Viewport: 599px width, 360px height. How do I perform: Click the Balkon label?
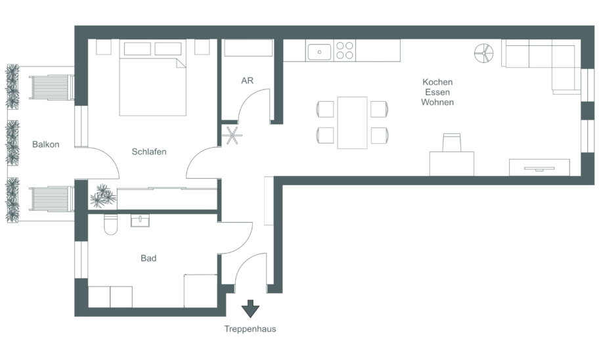click(x=46, y=145)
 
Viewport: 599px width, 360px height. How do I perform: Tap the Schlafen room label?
click(x=149, y=152)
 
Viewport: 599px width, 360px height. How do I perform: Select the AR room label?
click(x=247, y=81)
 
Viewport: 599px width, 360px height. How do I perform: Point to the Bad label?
click(x=148, y=258)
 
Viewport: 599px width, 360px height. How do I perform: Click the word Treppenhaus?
click(x=250, y=329)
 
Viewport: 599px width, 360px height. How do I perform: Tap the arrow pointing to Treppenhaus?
click(x=251, y=309)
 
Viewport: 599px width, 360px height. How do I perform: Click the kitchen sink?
click(x=319, y=52)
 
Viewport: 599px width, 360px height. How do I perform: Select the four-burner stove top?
click(x=345, y=51)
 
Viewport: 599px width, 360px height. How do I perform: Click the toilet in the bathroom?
click(x=111, y=224)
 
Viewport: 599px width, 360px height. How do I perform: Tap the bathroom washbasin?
click(x=140, y=221)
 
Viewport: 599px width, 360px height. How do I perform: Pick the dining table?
click(x=352, y=123)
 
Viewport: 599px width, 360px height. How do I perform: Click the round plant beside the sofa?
click(x=483, y=53)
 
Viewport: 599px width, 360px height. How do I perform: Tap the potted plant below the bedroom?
click(x=102, y=196)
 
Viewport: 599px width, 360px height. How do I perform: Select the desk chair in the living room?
click(x=451, y=143)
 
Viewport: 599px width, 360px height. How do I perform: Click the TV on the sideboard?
click(x=539, y=168)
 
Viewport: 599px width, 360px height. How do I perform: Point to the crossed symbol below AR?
click(x=232, y=135)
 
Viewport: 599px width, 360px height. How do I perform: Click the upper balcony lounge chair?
click(x=52, y=87)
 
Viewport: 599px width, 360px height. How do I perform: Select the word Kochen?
click(x=437, y=82)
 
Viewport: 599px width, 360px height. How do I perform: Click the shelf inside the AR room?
click(x=248, y=48)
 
